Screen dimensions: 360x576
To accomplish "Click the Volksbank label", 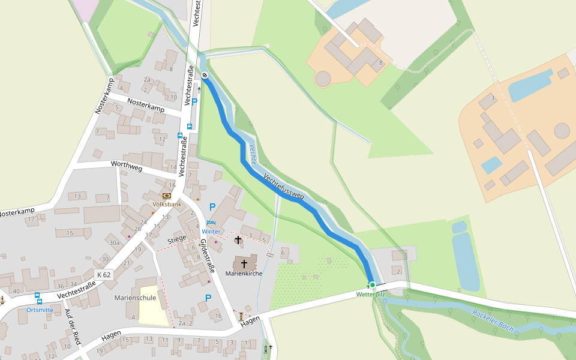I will tap(167, 204).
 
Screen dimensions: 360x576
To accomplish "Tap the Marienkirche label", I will tap(244, 274).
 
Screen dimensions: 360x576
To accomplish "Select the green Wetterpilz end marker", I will tap(372, 285).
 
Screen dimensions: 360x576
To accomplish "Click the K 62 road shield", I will tap(104, 275).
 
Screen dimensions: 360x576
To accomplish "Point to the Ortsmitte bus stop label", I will tap(40, 310).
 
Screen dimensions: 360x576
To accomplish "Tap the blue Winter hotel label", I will tap(211, 232).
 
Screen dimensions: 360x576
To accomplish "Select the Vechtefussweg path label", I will tap(284, 187).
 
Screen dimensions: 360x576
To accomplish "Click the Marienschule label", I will tap(135, 298).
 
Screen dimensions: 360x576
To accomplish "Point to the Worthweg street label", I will tap(127, 166).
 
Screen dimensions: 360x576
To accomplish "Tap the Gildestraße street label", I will tap(207, 255).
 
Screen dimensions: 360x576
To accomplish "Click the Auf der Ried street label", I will tap(73, 330).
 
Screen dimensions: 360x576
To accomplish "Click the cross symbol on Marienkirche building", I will tap(244, 263).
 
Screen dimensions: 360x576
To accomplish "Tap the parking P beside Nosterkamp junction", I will tap(194, 102).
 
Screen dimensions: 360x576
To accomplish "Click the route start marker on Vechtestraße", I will tap(205, 75).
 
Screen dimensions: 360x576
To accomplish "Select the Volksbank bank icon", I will tap(167, 196).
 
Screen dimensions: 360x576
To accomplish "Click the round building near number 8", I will tap(323, 79).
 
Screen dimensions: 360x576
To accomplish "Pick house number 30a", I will tap(114, 243).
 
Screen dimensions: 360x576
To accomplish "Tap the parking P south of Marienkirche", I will tap(208, 298).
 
